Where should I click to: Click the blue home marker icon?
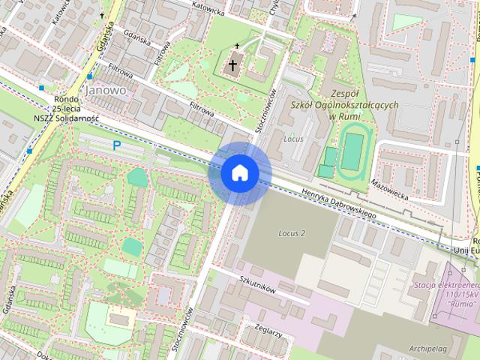[239, 172]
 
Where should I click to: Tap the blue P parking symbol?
[116, 145]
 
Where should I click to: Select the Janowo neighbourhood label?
[105, 89]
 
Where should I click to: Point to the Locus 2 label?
[291, 233]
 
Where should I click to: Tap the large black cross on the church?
[233, 65]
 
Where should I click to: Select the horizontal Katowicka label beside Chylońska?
[207, 11]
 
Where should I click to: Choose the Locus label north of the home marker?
[293, 139]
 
